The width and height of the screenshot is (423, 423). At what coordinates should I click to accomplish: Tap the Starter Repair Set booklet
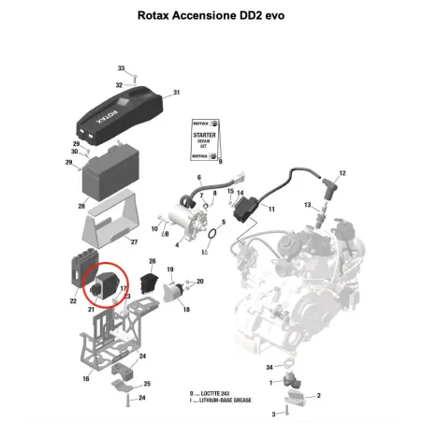[204, 140]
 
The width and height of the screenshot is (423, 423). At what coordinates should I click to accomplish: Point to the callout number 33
[121, 68]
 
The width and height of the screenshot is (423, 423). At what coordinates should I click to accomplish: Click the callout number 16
[86, 379]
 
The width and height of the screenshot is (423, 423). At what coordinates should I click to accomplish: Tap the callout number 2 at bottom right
[318, 397]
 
